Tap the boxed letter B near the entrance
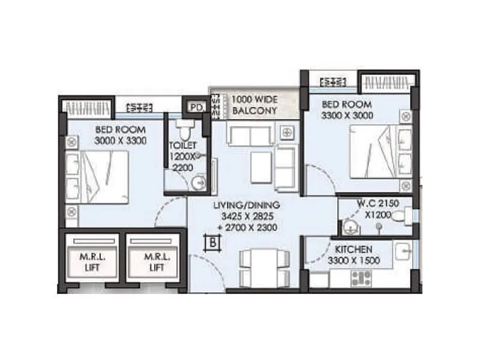tap(212, 242)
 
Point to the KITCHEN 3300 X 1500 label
tap(353, 254)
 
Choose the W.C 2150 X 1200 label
tap(376, 209)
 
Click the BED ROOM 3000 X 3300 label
tap(121, 135)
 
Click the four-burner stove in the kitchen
tap(361, 278)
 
